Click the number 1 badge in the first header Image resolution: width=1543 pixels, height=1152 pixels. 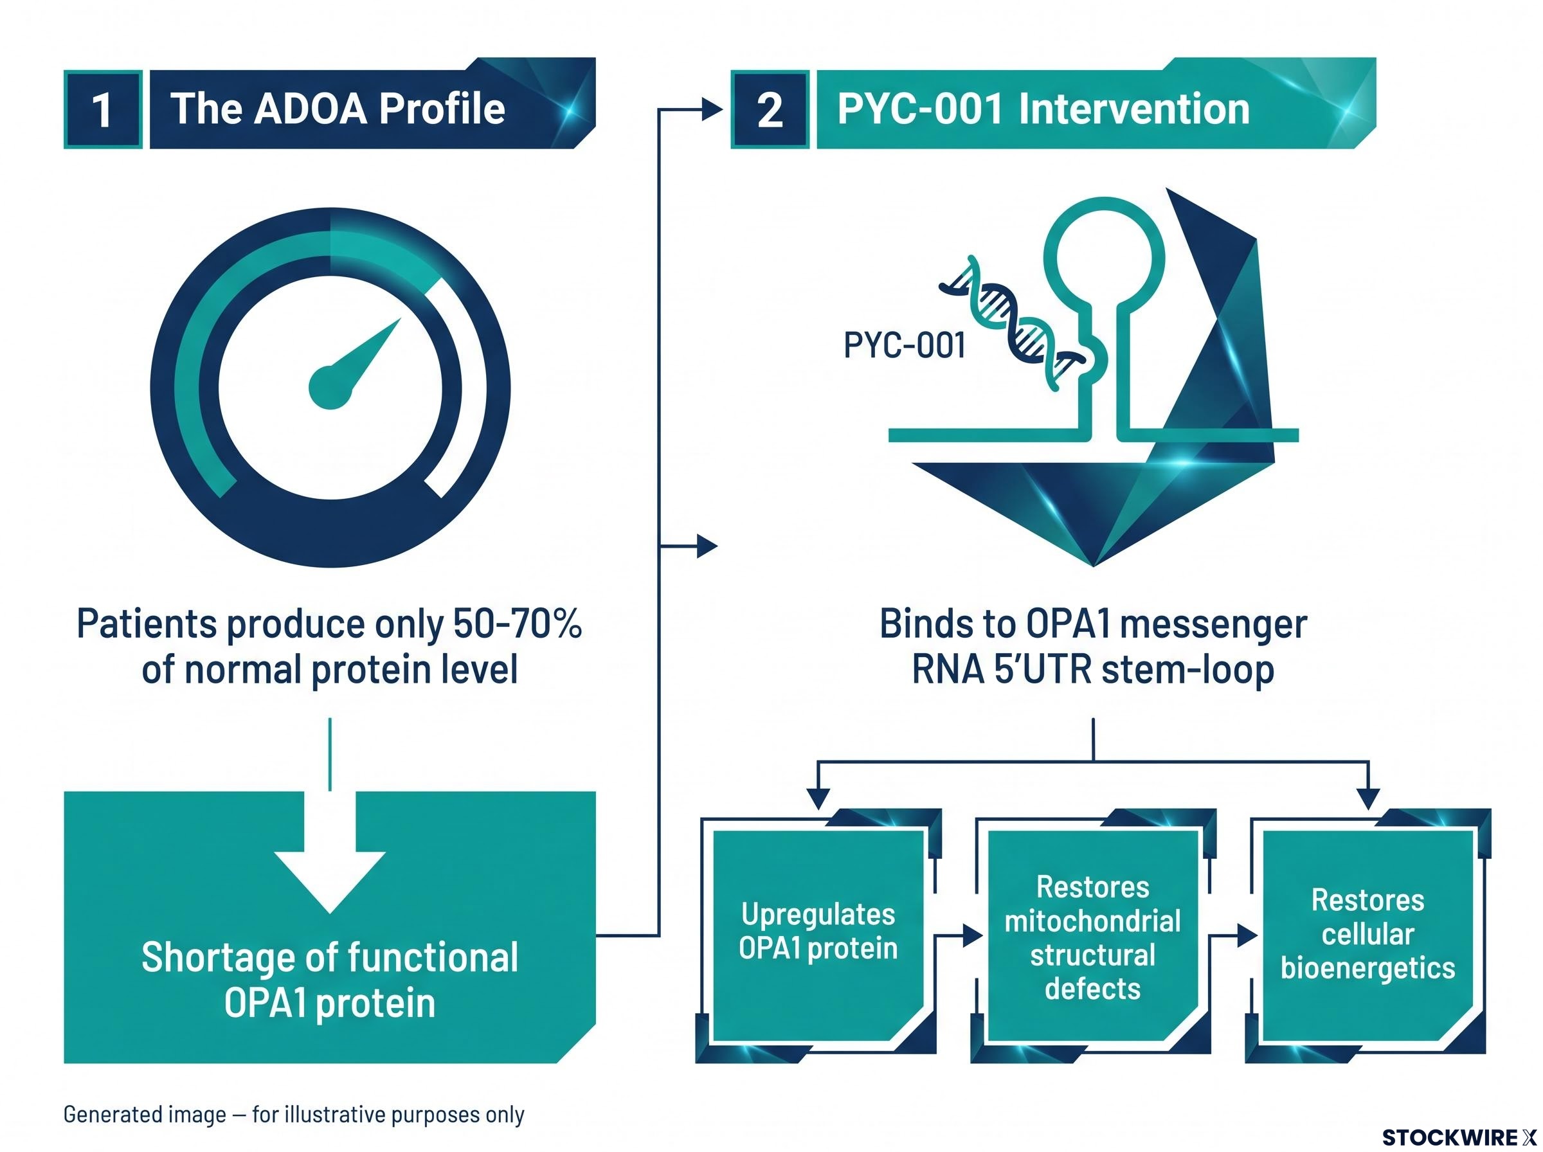(102, 109)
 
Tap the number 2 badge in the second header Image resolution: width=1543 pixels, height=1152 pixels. (770, 109)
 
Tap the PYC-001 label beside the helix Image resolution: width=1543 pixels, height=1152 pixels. (905, 345)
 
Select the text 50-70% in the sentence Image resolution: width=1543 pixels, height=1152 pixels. (518, 624)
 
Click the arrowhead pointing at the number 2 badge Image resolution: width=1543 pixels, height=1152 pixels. (712, 109)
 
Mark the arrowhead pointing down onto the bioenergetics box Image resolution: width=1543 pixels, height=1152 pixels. (1369, 799)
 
